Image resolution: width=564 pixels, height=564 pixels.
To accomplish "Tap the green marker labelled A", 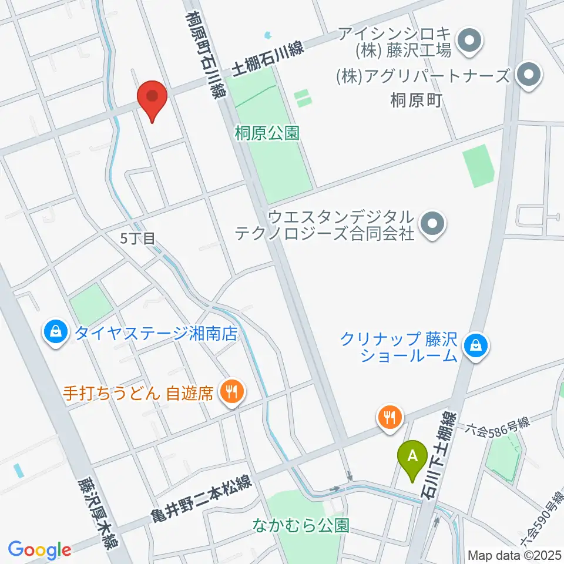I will point(412,456).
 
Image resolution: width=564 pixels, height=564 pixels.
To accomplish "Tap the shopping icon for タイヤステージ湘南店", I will point(55,333).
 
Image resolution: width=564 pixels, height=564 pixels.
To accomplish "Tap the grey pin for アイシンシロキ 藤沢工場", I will point(469,42).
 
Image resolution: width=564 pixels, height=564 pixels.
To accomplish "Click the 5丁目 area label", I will point(137,239).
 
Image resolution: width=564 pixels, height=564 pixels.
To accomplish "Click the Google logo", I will point(39,550).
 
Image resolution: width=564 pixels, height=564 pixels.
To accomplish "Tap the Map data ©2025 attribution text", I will point(514,555).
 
